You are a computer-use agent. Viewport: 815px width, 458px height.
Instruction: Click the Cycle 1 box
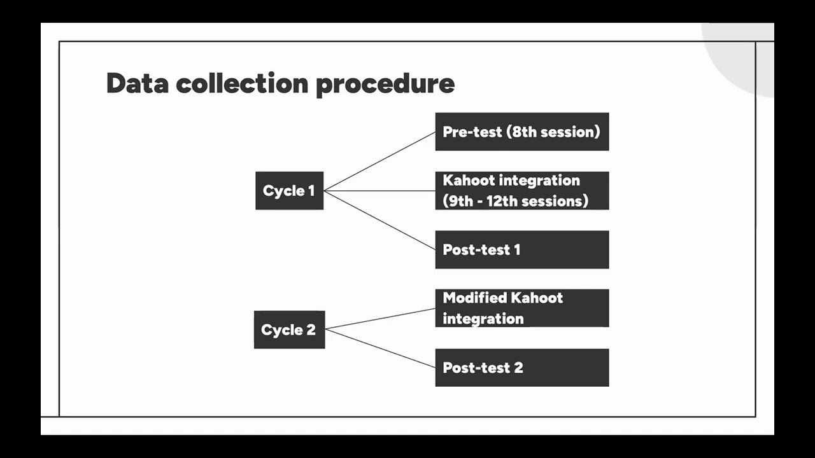(289, 191)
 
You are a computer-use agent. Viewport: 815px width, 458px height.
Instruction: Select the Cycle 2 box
(289, 330)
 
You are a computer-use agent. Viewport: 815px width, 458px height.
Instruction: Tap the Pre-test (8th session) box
(521, 132)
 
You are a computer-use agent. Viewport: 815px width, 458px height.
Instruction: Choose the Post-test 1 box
(521, 249)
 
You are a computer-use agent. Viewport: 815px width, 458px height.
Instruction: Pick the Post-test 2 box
(521, 367)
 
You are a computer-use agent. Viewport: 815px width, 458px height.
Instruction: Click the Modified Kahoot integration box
(521, 308)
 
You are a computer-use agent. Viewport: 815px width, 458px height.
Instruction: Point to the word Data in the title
(136, 83)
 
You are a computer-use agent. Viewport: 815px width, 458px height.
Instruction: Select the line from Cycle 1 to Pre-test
(379, 162)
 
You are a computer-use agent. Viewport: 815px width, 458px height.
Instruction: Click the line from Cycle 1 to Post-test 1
(379, 220)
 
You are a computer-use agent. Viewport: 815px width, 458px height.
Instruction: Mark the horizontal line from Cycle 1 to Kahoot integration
(379, 191)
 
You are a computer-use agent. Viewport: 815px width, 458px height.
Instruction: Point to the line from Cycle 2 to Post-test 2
(380, 348)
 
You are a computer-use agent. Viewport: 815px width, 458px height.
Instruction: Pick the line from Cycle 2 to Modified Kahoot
(380, 319)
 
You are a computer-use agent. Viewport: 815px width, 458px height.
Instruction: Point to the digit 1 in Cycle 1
(311, 191)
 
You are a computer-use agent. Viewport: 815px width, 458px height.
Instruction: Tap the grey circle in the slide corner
(745, 60)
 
